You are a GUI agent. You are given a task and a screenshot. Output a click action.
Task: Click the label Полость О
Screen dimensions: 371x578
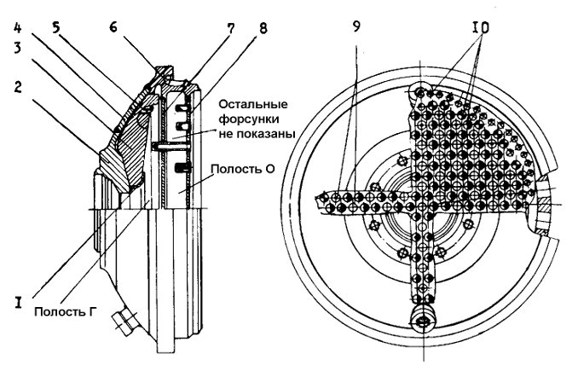click(243, 169)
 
